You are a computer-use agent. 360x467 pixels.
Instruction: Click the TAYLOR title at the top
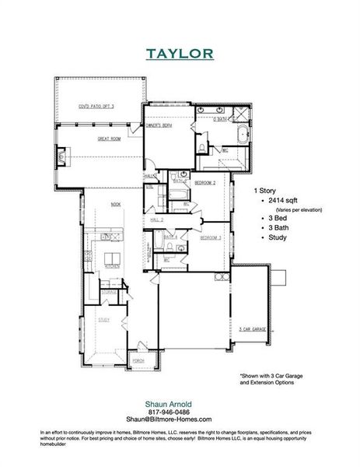click(x=179, y=54)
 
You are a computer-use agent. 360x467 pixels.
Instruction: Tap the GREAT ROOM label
click(x=108, y=140)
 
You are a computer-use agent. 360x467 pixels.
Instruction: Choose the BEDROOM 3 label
click(x=210, y=239)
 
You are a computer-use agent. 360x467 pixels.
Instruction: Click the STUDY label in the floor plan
click(x=103, y=320)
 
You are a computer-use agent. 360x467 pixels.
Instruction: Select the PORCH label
click(x=139, y=361)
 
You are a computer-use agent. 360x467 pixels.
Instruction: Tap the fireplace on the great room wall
click(x=61, y=153)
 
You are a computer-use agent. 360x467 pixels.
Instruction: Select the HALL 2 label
click(x=156, y=220)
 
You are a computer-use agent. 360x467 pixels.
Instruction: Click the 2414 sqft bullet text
click(x=283, y=200)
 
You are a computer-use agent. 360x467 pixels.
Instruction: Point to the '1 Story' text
click(x=267, y=189)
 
